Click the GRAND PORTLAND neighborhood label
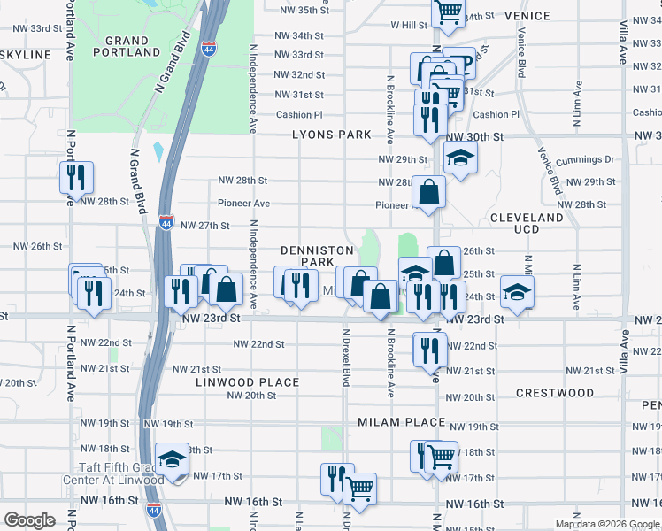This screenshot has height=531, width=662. pos(127,46)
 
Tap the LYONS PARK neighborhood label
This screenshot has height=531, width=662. pos(332,135)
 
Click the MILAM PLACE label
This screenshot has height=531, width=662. pos(400,422)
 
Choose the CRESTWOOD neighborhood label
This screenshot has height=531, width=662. pos(555,393)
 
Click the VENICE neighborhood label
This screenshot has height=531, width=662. pos(527,16)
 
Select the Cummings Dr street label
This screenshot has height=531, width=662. pos(585,160)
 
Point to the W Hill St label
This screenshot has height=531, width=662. pos(409,26)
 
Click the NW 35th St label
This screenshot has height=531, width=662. pos(304,11)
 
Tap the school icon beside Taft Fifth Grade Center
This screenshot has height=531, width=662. pos(172,459)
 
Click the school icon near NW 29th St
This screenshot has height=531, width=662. pos(459,159)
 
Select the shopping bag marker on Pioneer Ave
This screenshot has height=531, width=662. pos(428,191)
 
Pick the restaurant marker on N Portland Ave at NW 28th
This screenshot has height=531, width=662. pos(76,177)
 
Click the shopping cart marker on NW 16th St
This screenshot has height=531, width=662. pos(359,489)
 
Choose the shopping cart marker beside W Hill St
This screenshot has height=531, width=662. pos(448,12)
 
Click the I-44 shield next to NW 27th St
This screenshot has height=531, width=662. pos(165,224)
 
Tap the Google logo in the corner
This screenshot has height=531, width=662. pos(29,520)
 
